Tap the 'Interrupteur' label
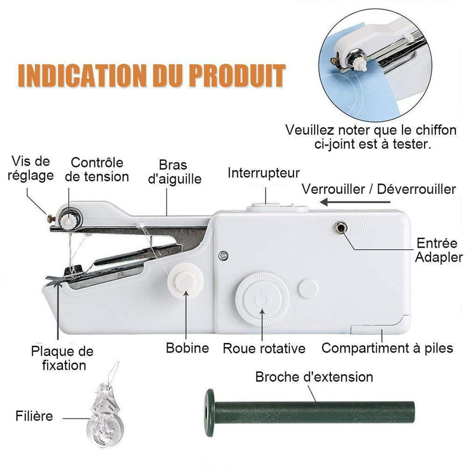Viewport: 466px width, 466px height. [264, 173]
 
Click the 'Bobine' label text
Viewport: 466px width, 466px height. [187, 348]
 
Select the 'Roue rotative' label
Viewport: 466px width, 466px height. [264, 348]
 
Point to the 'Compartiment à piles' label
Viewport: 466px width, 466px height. [387, 348]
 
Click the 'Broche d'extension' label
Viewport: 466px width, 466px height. [314, 377]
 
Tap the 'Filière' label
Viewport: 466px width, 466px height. [34, 416]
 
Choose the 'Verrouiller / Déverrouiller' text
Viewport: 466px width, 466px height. [379, 189]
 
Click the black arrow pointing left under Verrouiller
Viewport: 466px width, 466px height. [355, 202]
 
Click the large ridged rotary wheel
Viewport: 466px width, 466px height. [262, 299]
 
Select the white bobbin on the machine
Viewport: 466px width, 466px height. [185, 280]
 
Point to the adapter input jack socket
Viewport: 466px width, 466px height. [340, 228]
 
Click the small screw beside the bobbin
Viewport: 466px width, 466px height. [223, 255]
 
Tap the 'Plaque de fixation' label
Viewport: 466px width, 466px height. [62, 358]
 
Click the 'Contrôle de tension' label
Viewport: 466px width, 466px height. [97, 170]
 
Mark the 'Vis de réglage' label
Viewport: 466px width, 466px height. [31, 168]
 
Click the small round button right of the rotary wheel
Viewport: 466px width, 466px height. [308, 288]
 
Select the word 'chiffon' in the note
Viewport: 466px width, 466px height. [436, 130]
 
